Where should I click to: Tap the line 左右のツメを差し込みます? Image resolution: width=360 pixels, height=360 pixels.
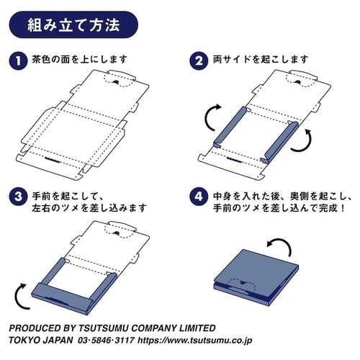89,208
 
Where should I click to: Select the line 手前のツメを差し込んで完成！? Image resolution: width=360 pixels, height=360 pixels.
278,208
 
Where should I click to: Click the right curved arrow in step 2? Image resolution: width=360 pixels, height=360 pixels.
308,140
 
